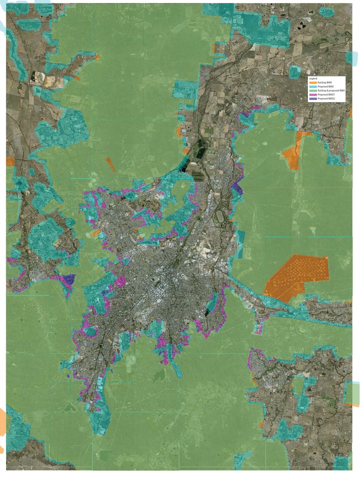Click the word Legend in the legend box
coord(313,78)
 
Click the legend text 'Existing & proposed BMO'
coord(331,90)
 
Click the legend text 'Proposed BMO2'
coord(326,98)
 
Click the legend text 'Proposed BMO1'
coord(326,95)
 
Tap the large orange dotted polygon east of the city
coord(296,277)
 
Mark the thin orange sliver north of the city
coord(111,165)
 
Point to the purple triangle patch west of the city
coord(70,279)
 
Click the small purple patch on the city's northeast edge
coord(237,189)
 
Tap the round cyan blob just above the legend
coord(294,72)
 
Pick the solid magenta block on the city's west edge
coord(120,282)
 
